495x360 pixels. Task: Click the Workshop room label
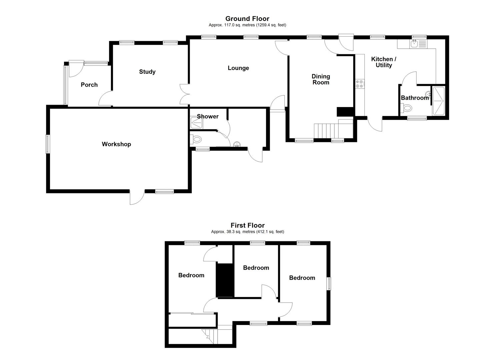pyautogui.click(x=116, y=144)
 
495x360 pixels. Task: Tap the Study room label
pyautogui.click(x=147, y=72)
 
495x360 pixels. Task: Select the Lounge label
pyautogui.click(x=238, y=68)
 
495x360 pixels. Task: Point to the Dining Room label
pyautogui.click(x=321, y=79)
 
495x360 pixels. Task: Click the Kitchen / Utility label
pyautogui.click(x=384, y=62)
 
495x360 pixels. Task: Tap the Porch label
pyautogui.click(x=89, y=85)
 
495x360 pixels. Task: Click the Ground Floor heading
pyautogui.click(x=247, y=19)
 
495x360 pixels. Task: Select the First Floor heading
pyautogui.click(x=247, y=225)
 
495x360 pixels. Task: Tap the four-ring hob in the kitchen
pyautogui.click(x=359, y=84)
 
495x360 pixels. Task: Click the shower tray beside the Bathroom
pyautogui.click(x=438, y=101)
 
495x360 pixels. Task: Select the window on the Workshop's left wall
pyautogui.click(x=47, y=144)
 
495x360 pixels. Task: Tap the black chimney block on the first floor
pyautogui.click(x=225, y=280)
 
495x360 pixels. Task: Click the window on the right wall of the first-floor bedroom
pyautogui.click(x=329, y=284)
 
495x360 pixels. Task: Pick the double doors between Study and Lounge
pyautogui.click(x=185, y=94)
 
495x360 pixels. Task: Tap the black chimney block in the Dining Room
pyautogui.click(x=345, y=112)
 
